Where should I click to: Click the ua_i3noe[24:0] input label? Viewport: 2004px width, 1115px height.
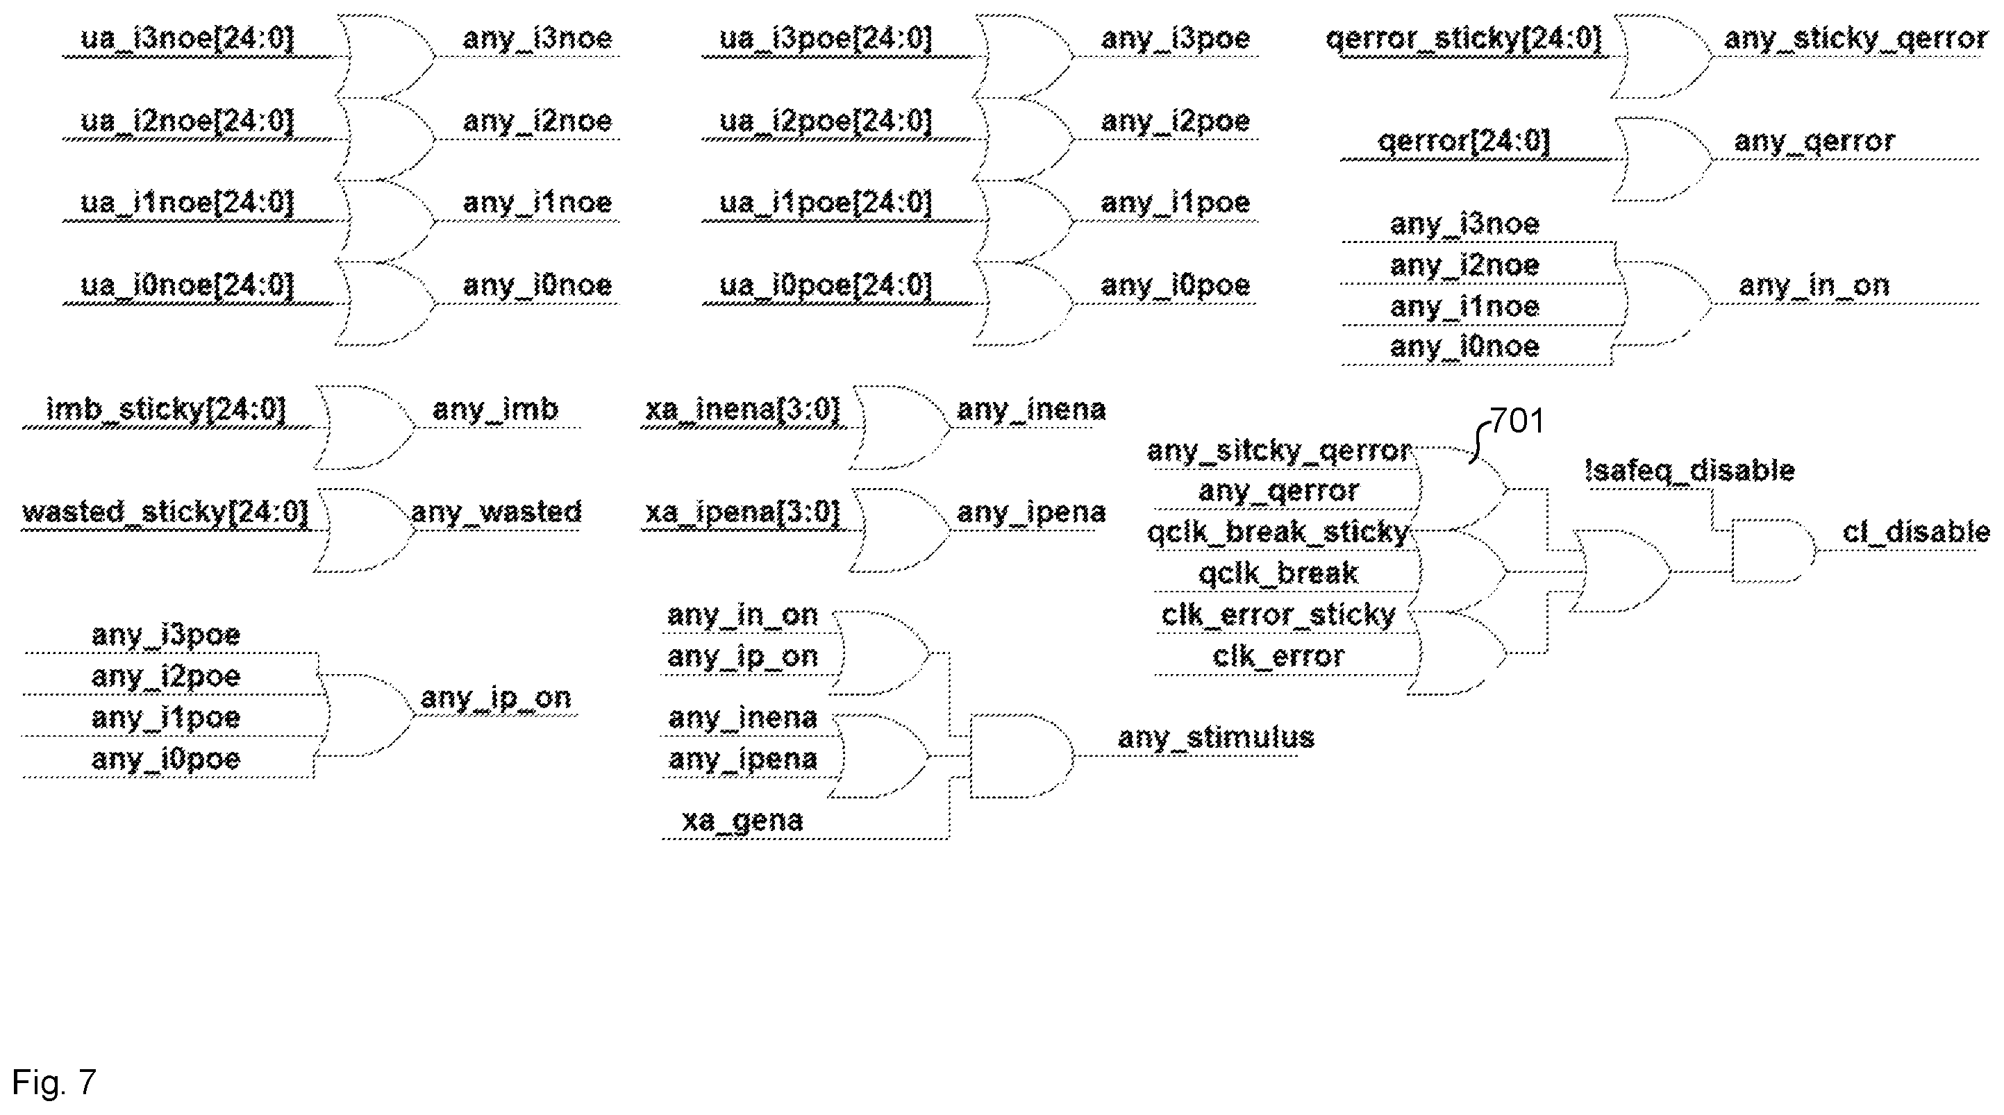187,38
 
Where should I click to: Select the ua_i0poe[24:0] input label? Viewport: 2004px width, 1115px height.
826,285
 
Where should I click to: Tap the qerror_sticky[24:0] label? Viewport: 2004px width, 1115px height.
1463,38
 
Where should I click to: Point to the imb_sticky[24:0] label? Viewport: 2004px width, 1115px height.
167,410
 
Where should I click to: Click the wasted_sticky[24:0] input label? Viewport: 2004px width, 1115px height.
165,512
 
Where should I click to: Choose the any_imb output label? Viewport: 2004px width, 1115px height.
496,410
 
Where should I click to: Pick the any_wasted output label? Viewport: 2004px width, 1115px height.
496,512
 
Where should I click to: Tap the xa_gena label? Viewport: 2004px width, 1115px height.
743,821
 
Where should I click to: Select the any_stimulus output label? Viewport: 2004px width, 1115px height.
1216,737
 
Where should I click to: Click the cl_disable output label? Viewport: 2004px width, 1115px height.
1916,533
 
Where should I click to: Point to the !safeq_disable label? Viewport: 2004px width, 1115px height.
1689,471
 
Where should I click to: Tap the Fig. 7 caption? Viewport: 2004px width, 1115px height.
53,1082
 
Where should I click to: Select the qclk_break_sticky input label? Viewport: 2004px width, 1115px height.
1278,533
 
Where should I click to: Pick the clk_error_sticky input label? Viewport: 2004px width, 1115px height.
1278,614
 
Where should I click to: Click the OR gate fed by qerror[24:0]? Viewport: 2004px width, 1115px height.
1662,160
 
